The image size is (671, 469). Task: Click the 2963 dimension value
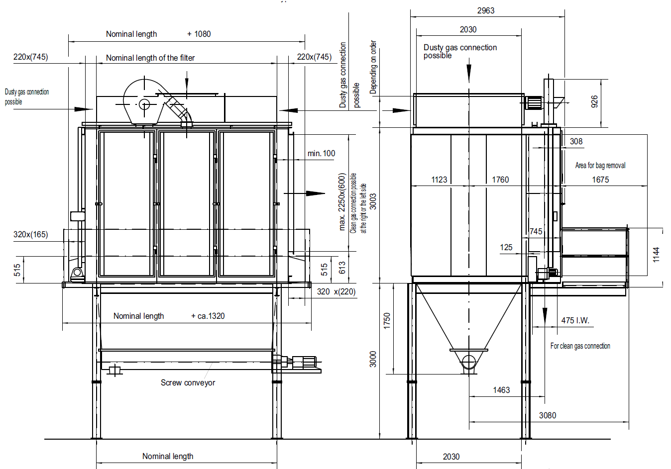tap(485, 10)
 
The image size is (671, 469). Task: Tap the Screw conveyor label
tap(188, 382)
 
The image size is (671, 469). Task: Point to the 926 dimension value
tap(594, 101)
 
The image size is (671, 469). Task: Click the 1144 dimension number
tap(656, 255)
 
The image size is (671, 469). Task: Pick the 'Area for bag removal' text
tap(600, 165)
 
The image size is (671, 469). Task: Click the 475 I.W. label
tap(575, 321)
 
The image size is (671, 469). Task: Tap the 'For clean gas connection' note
tap(580, 346)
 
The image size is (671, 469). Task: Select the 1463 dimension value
tap(501, 390)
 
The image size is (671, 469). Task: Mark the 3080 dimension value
tap(548, 415)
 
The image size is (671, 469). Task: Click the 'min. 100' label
tap(322, 154)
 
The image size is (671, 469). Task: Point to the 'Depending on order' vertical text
tap(373, 67)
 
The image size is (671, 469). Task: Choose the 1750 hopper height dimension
tap(387, 321)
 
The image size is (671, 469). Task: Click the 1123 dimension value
tap(439, 180)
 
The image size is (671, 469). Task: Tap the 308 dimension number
tap(576, 141)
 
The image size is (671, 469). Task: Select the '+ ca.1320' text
tap(208, 316)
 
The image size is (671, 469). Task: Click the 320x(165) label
tap(30, 234)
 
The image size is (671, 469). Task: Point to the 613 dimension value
tap(342, 268)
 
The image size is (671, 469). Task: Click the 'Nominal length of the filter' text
tap(150, 58)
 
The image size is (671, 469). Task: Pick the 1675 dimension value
tap(601, 180)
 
